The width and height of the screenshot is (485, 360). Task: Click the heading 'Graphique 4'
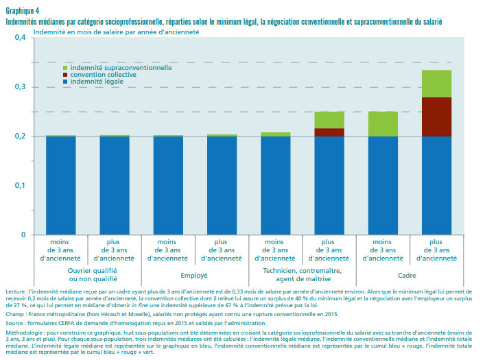pyautogui.click(x=21, y=12)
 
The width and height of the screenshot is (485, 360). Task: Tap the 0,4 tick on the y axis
pyautogui.click(x=19, y=38)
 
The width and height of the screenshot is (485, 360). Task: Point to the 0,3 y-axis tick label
pyautogui.click(x=19, y=87)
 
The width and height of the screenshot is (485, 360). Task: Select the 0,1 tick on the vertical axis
pyautogui.click(x=19, y=186)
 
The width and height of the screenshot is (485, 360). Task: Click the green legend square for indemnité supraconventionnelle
pyautogui.click(x=65, y=68)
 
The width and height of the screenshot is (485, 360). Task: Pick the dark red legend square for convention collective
pyautogui.click(x=65, y=75)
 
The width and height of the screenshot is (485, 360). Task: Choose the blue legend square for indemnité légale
pyautogui.click(x=65, y=82)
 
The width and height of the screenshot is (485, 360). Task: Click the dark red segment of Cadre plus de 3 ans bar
pyautogui.click(x=436, y=117)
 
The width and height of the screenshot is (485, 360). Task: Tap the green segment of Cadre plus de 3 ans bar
pyautogui.click(x=436, y=84)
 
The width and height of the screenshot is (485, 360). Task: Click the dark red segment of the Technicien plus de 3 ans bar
pyautogui.click(x=329, y=132)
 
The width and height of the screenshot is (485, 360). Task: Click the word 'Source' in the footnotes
pyautogui.click(x=15, y=322)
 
